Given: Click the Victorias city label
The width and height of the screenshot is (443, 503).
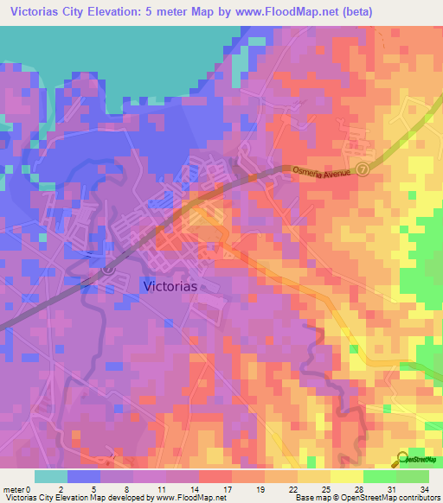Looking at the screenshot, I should click(x=169, y=285).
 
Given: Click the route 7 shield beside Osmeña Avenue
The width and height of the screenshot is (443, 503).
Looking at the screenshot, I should click(x=363, y=169).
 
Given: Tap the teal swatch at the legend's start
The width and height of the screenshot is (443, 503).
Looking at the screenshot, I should click(x=50, y=476).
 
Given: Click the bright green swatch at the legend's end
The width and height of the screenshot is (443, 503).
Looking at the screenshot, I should click(x=412, y=476).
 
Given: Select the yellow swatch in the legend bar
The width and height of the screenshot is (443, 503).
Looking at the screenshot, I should click(x=346, y=476).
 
